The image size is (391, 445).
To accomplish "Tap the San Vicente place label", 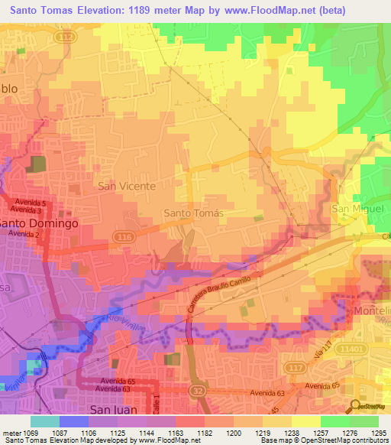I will (x=126, y=186).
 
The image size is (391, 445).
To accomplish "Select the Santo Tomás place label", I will (x=194, y=213).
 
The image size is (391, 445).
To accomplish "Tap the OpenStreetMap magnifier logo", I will (x=355, y=405).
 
